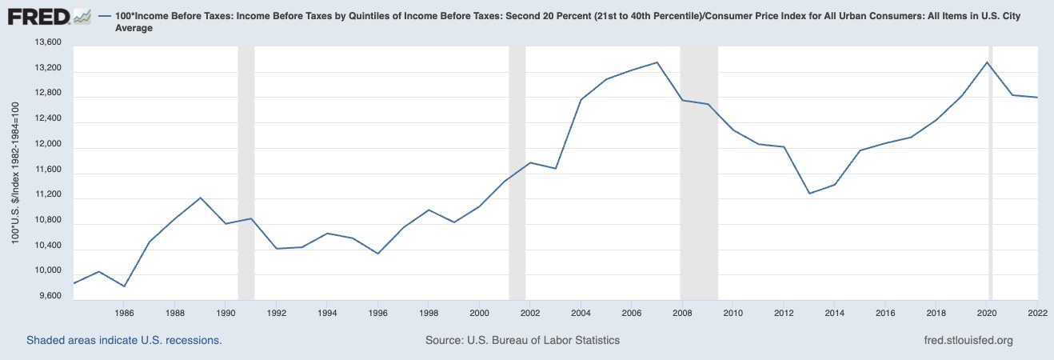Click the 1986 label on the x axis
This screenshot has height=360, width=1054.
click(x=123, y=313)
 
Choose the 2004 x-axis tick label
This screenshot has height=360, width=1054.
click(x=581, y=313)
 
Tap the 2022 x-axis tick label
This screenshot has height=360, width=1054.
click(x=1036, y=313)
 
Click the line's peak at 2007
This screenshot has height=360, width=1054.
click(x=657, y=62)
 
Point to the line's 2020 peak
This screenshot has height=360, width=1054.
click(x=988, y=62)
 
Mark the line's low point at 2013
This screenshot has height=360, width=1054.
click(x=809, y=194)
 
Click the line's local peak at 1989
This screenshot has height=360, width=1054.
click(x=201, y=197)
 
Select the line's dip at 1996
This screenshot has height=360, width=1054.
click(x=378, y=254)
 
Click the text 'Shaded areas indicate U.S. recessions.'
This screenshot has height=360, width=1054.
click(x=124, y=340)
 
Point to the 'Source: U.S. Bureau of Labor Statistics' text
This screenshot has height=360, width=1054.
click(x=522, y=340)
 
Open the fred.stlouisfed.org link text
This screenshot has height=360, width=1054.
click(x=968, y=340)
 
